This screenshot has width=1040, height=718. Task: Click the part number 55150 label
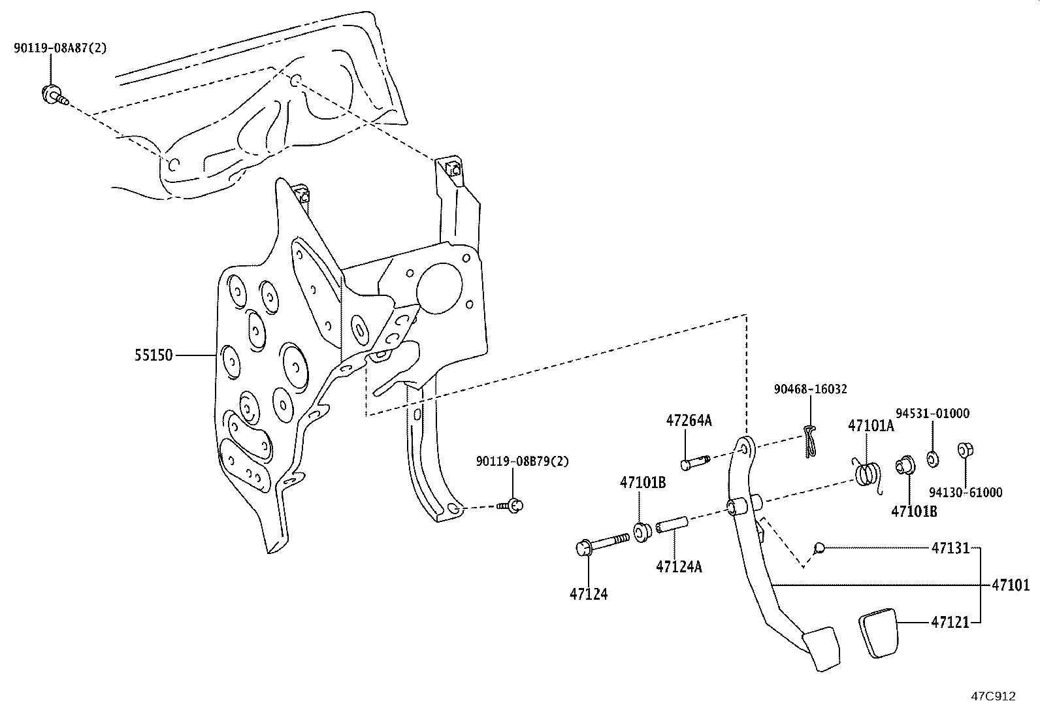click(x=154, y=355)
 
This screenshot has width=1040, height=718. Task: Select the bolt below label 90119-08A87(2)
click(x=52, y=95)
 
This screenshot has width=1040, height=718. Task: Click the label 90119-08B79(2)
click(x=522, y=461)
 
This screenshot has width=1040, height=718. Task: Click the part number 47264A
click(x=689, y=421)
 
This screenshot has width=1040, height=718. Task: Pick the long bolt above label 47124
click(x=601, y=542)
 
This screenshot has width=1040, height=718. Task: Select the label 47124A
click(x=679, y=566)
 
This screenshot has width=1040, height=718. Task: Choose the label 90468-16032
click(x=810, y=389)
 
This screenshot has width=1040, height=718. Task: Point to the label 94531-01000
click(x=932, y=414)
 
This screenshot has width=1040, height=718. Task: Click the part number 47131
click(x=951, y=549)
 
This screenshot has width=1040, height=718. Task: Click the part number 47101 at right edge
click(x=1011, y=585)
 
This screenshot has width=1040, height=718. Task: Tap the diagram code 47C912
click(x=993, y=696)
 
